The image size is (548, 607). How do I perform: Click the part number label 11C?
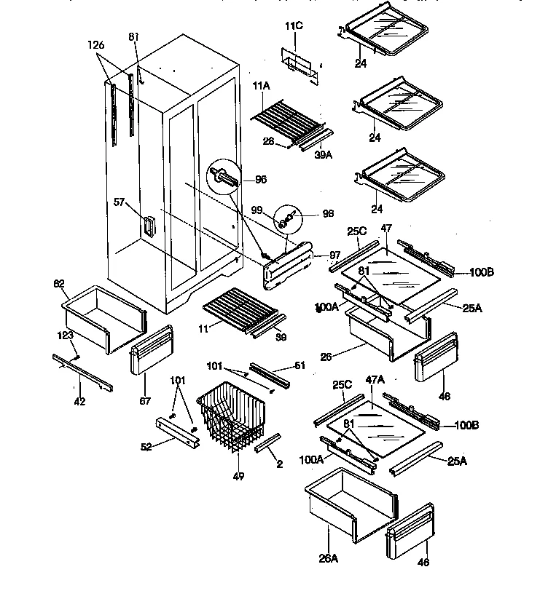coord(294,26)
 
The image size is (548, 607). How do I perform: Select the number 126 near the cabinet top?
coord(96,45)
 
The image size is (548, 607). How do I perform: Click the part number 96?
coord(261,180)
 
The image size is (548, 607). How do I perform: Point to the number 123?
coord(66,336)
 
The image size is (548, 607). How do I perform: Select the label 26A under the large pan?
coord(329,558)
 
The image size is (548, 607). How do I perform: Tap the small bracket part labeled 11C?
coord(300,60)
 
